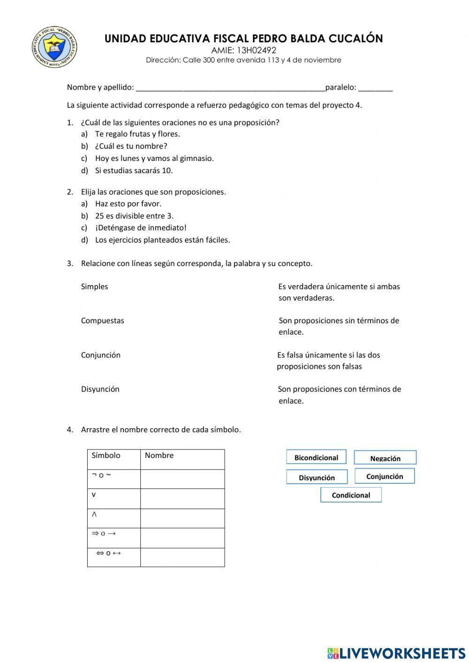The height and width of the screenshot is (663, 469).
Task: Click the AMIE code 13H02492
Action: [x=243, y=50]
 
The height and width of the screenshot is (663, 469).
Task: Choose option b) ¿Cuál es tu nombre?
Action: [x=131, y=146]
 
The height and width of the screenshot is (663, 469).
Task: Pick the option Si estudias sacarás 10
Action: [x=134, y=170]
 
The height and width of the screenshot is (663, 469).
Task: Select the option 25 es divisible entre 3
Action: [x=134, y=216]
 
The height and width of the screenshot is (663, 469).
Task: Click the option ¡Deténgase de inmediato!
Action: [x=141, y=228]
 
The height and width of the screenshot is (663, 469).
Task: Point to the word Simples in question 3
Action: [x=94, y=287]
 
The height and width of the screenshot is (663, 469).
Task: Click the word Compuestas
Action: [x=102, y=321]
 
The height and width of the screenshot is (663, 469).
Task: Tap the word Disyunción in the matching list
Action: [x=100, y=389]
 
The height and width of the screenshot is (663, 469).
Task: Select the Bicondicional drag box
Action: [x=316, y=457]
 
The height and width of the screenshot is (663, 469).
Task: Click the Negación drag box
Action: [x=385, y=458]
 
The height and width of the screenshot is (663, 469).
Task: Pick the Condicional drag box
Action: [x=351, y=495]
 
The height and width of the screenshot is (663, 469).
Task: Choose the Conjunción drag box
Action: [x=385, y=476]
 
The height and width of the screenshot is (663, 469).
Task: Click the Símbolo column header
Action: [x=106, y=455]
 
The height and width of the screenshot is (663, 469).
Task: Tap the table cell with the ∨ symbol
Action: [x=113, y=498]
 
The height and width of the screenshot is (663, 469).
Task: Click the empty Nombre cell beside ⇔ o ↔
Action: [x=182, y=557]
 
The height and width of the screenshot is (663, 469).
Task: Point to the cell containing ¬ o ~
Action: [x=113, y=479]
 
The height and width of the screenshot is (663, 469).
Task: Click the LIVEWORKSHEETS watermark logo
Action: [x=396, y=653]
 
